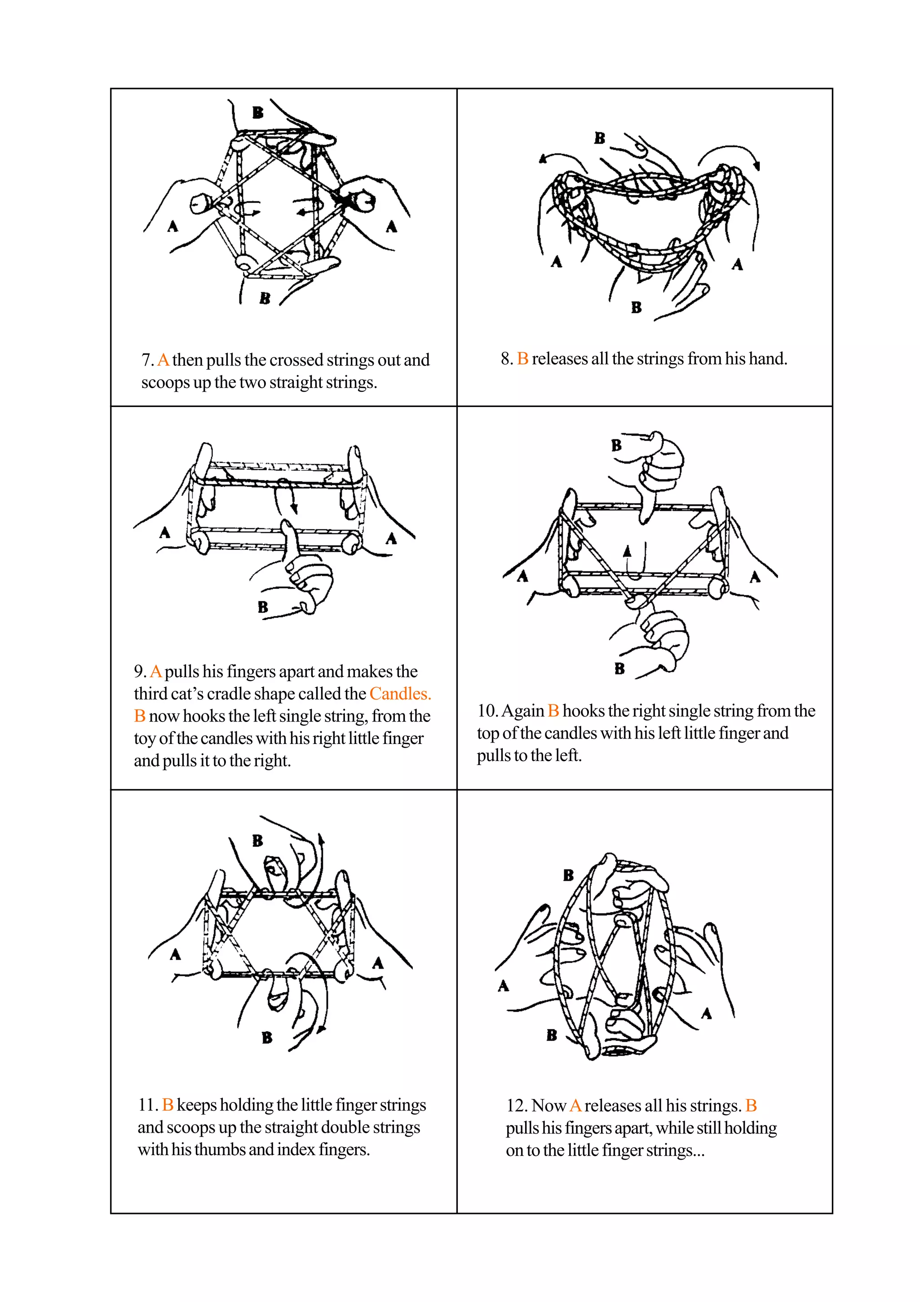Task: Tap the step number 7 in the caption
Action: (146, 360)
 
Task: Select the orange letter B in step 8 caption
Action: (522, 359)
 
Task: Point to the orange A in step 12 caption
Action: (575, 1106)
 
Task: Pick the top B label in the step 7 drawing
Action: (258, 112)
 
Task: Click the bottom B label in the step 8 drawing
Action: (636, 307)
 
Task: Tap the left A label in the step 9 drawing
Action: (164, 532)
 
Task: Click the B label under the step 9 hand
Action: (262, 607)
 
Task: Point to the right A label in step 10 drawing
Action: (755, 577)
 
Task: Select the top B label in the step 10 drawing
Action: (616, 446)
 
